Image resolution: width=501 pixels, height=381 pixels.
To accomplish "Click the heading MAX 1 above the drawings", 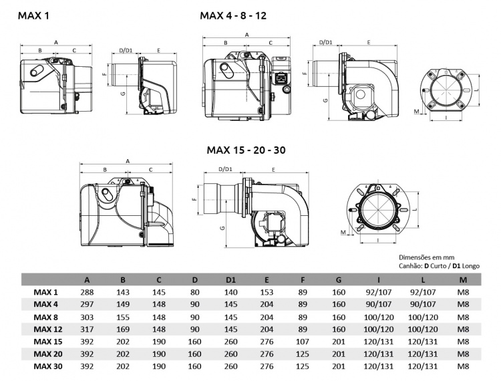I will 33,15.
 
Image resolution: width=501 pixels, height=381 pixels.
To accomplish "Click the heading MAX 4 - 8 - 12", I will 232,15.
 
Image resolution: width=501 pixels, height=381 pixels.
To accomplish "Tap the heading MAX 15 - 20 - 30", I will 246,150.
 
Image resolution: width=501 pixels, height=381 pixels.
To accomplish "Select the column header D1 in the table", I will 230,279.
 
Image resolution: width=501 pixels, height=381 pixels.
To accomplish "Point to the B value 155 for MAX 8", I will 122,317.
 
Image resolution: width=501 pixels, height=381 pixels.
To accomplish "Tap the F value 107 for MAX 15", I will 303,342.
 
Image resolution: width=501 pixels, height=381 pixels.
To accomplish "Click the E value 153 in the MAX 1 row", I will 267,292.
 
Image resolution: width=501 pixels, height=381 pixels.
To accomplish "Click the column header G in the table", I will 339,279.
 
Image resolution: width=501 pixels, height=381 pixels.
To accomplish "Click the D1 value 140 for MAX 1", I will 230,292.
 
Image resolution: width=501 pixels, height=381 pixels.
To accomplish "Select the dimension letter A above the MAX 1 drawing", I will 55,42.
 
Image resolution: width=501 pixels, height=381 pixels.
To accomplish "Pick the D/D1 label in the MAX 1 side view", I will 125,50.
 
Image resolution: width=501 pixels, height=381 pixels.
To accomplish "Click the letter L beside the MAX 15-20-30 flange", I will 415,208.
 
